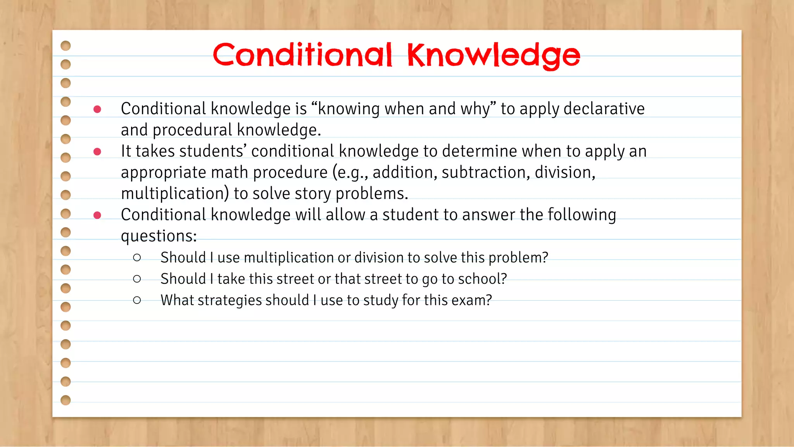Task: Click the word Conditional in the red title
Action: pos(302,55)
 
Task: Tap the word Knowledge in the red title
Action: pos(493,56)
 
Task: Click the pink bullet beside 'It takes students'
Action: pos(97,151)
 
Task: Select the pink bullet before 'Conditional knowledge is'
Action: pos(97,109)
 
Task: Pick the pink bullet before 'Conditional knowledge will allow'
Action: pos(97,215)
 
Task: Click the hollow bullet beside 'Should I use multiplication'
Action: pos(137,258)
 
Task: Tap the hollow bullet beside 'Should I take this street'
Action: pos(137,279)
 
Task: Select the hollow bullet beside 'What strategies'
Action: pos(137,300)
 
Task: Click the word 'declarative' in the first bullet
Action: pos(604,109)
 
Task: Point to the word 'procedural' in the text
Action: pos(192,130)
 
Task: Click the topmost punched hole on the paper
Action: pos(66,46)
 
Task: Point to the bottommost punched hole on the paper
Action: pos(66,400)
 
